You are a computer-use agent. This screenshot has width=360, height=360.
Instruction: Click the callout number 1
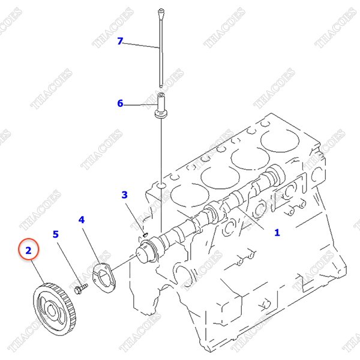point(277,232)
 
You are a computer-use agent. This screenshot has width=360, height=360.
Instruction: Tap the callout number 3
point(125,195)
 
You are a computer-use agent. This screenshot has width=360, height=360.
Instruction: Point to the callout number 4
point(82,220)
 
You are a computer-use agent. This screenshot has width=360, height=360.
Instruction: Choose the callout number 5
point(56,234)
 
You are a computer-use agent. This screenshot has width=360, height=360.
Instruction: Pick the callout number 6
point(120,103)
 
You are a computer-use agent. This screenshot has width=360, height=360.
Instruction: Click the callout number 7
point(120,41)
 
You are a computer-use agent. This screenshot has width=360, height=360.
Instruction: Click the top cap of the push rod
point(161,11)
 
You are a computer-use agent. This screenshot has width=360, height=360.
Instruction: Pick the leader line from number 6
point(141,104)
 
